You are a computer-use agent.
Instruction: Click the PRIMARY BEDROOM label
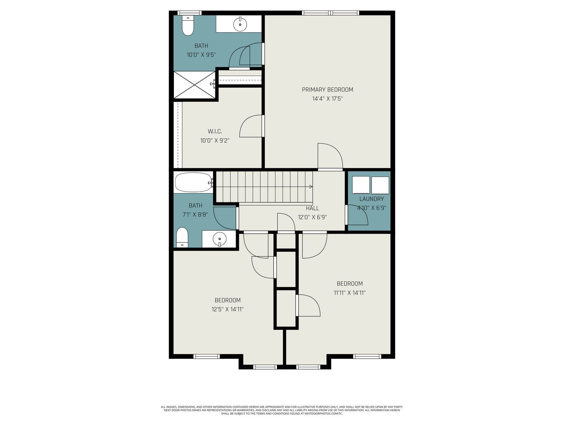click(x=327, y=90)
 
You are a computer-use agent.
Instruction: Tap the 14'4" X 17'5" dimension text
click(x=327, y=99)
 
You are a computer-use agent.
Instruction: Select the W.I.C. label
click(x=215, y=132)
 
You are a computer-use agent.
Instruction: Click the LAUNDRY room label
click(x=371, y=199)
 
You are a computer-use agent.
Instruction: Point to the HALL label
click(x=312, y=208)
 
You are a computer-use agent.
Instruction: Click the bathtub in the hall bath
click(x=193, y=183)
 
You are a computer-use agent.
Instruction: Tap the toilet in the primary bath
click(x=188, y=25)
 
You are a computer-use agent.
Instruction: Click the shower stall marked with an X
click(x=195, y=85)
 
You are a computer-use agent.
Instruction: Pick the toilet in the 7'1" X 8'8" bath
click(x=182, y=237)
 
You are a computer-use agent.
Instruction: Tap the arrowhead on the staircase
click(x=311, y=187)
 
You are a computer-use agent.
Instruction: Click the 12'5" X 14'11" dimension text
click(x=228, y=309)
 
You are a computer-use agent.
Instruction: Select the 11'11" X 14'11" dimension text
click(x=349, y=293)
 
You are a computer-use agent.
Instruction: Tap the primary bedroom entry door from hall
click(x=330, y=155)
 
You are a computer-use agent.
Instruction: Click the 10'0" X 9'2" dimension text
click(x=215, y=141)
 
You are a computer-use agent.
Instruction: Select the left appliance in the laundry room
click(x=361, y=185)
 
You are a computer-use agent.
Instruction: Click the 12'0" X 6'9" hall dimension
click(x=312, y=217)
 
